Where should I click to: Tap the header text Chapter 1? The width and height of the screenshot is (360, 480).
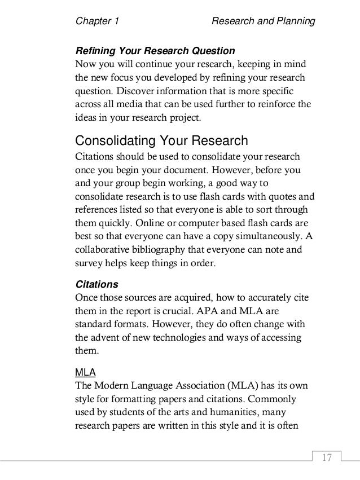pyautogui.click(x=97, y=22)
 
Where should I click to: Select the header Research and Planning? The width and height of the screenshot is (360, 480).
pyautogui.click(x=262, y=22)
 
